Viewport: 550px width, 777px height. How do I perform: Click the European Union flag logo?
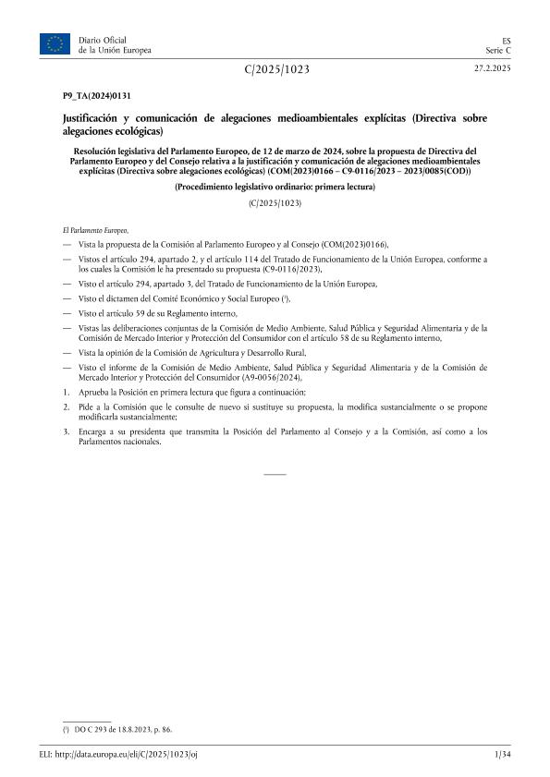[55, 43]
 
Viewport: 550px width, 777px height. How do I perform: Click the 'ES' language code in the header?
[507, 40]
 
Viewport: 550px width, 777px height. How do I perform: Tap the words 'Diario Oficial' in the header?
[102, 40]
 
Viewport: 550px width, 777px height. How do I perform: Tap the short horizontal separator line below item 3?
[275, 474]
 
